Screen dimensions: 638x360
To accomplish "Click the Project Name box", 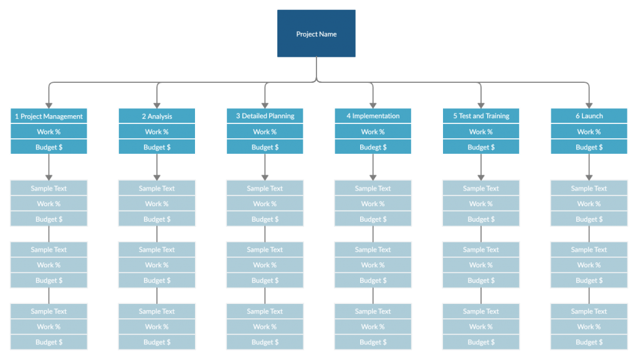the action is click(316, 34).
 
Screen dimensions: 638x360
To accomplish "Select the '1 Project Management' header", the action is click(49, 116).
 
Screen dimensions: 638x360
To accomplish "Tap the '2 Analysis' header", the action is click(156, 116).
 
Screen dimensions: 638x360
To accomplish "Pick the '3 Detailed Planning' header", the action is click(265, 116).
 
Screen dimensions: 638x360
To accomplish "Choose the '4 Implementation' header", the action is click(373, 116).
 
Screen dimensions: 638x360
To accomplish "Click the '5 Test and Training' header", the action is click(481, 116).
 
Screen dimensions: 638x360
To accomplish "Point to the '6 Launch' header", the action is click(589, 116).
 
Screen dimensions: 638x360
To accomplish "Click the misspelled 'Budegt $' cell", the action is click(373, 147).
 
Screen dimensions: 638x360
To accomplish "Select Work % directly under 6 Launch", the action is click(589, 131).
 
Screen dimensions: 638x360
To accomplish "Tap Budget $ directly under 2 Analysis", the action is click(156, 147).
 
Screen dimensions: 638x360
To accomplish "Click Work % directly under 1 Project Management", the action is click(49, 131).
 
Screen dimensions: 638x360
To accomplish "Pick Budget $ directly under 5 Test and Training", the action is click(481, 147).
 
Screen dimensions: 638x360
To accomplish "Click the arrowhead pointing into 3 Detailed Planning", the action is click(265, 105).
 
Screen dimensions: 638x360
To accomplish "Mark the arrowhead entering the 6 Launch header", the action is click(589, 105).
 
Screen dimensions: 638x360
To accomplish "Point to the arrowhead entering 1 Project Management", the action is click(49, 105).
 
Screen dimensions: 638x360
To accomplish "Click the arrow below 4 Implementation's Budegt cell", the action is click(373, 167).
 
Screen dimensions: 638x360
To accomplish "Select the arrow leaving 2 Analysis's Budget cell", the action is click(156, 167).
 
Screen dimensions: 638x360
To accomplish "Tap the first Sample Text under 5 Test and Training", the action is click(481, 188).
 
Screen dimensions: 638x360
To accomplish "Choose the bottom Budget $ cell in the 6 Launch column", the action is click(589, 342).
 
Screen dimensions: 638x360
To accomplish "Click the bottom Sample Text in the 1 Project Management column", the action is click(49, 311).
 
